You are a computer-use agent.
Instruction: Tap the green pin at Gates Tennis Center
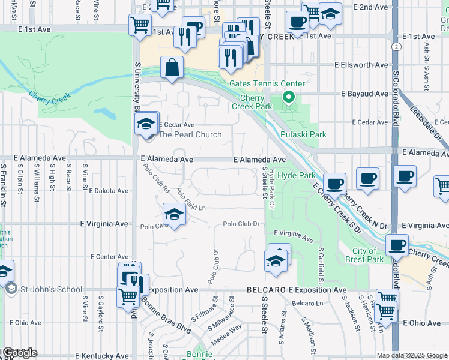[x=288, y=97]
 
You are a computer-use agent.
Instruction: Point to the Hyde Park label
[x=300, y=175]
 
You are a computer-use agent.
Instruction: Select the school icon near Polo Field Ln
[x=173, y=215]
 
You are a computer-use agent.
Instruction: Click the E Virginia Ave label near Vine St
[x=105, y=223]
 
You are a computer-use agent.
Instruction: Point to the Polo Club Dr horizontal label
[x=240, y=224]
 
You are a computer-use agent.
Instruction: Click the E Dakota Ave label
[x=109, y=191]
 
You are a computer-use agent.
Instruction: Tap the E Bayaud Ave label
[x=364, y=94]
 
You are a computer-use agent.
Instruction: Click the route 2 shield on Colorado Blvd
[x=396, y=46]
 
